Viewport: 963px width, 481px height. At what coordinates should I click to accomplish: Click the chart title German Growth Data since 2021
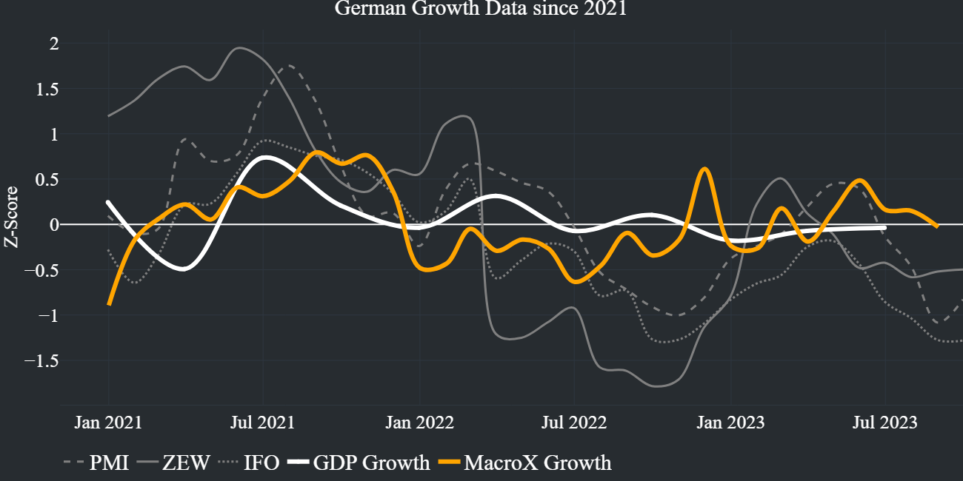(x=481, y=9)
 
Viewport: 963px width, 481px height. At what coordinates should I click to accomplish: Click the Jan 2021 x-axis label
(x=108, y=423)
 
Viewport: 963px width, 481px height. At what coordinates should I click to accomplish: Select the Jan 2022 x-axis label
(x=419, y=423)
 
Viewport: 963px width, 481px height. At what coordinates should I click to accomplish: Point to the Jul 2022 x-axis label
(x=575, y=423)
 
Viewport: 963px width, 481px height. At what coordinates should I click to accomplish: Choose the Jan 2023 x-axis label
(x=731, y=423)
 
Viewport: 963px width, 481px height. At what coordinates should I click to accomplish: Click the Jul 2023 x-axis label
(x=885, y=423)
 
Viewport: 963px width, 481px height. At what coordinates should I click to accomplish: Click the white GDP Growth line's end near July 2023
(x=884, y=228)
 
